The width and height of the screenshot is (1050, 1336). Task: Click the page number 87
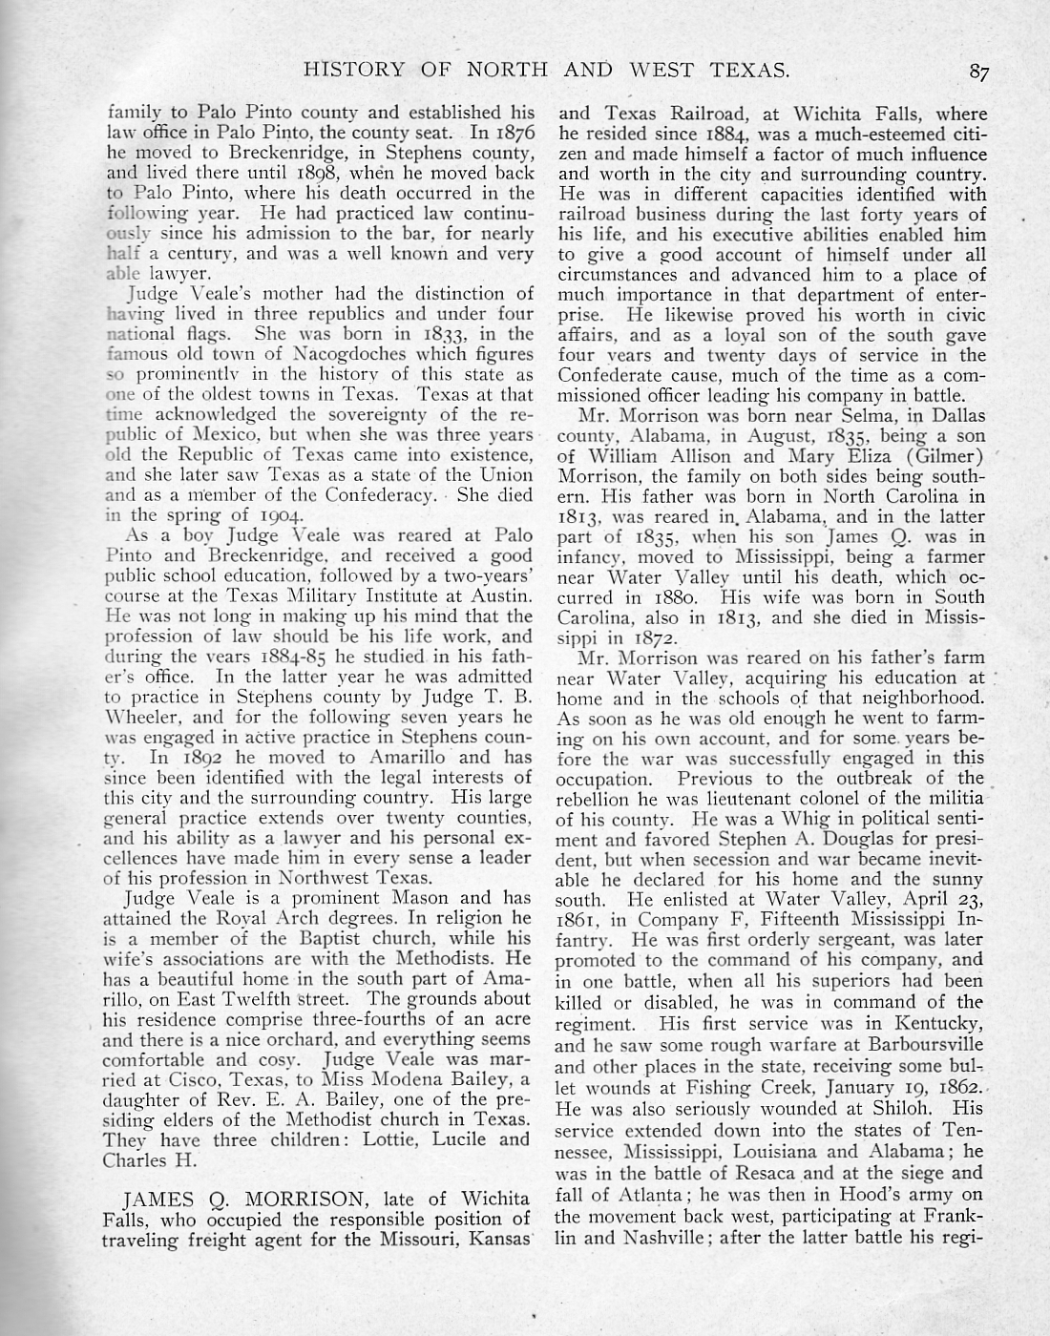[x=978, y=70]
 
